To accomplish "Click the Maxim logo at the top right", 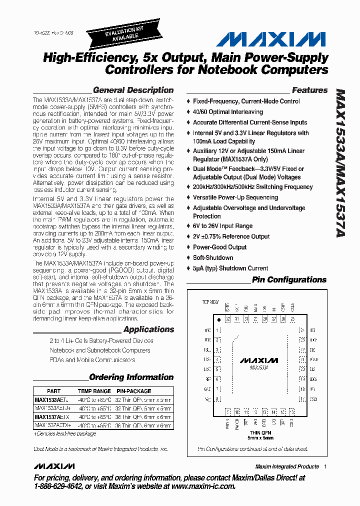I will coord(273,39).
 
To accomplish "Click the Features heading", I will coord(309,90).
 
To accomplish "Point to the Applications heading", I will coord(148,329).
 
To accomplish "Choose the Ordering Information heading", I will coord(131,377).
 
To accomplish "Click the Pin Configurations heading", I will coord(289,280).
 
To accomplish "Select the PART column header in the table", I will coord(53,391).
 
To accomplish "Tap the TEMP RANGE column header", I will coord(94,391).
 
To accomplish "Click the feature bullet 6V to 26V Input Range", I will coord(222,226).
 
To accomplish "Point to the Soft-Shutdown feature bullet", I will coord(213,258).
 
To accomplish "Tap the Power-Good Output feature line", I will coord(219,247).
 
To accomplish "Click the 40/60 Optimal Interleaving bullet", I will coord(227,112).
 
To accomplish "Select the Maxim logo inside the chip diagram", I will coord(258,360).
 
